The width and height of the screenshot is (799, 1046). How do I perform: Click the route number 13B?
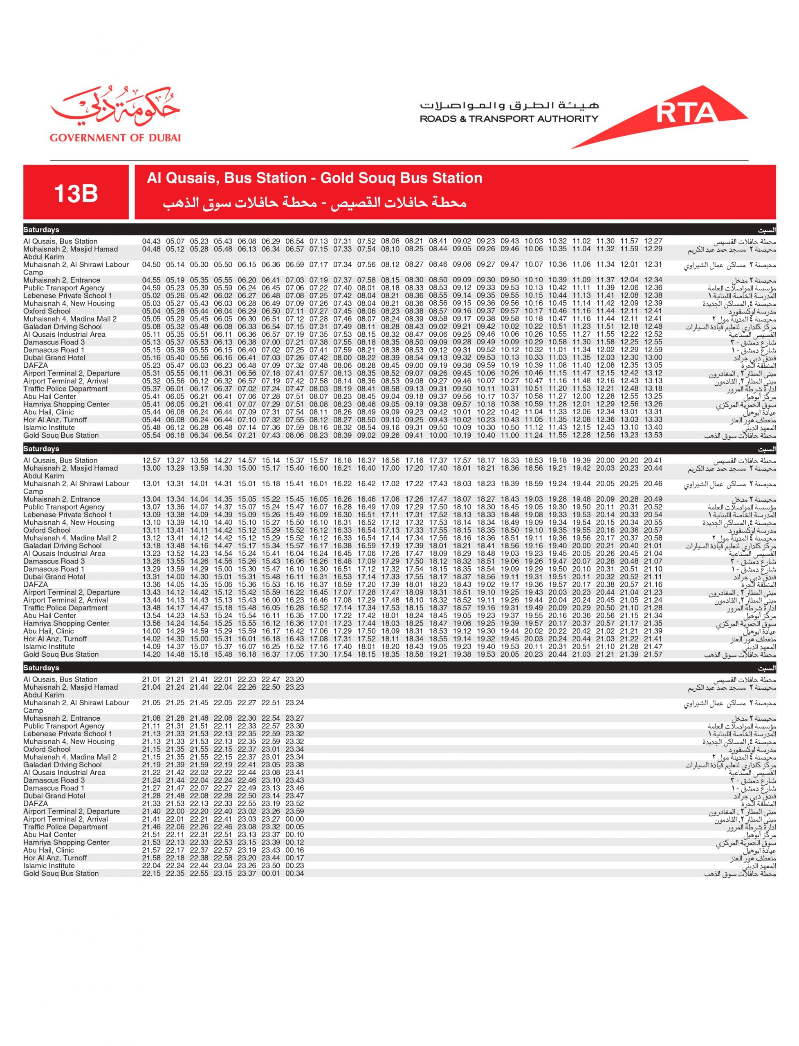76,193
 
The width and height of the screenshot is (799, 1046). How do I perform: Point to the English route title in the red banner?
314,178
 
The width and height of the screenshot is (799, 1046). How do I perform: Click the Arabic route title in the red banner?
314,203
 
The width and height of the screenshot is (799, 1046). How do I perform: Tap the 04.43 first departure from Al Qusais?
151,241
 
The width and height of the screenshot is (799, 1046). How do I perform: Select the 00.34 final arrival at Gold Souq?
294,874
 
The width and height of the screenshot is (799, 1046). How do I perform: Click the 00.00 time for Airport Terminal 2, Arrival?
294,819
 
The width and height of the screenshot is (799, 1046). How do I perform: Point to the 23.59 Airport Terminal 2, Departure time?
294,811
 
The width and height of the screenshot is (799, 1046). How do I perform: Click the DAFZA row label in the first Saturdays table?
36,365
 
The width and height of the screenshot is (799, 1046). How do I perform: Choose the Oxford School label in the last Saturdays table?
47,749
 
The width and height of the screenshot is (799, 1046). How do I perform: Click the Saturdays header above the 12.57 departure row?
41,449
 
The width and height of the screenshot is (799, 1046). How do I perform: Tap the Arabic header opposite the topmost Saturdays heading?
767,230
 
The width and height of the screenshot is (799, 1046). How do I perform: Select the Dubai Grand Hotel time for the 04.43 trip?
151,358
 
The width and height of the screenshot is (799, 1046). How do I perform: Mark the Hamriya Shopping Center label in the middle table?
66,623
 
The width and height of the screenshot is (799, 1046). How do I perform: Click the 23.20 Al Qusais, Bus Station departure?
294,679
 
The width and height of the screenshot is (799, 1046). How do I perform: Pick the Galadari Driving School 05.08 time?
151,326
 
